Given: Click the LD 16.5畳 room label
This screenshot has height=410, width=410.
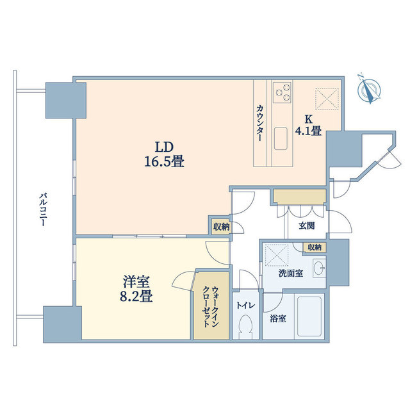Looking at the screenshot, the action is pyautogui.click(x=164, y=154).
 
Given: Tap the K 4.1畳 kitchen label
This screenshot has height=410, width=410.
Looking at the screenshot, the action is pyautogui.click(x=308, y=125).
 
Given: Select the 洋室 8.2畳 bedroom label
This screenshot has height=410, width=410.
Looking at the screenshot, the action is pyautogui.click(x=136, y=289).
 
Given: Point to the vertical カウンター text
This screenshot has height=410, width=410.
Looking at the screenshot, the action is pyautogui.click(x=259, y=123).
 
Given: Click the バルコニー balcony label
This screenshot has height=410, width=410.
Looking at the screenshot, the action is pyautogui.click(x=43, y=209).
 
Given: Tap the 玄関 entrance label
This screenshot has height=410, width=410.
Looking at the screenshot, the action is pyautogui.click(x=307, y=225).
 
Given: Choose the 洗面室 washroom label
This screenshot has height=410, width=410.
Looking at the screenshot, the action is pyautogui.click(x=291, y=274).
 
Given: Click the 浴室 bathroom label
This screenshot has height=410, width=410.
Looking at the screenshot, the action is pyautogui.click(x=277, y=318).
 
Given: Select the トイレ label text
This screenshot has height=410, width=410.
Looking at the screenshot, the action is pyautogui.click(x=245, y=305).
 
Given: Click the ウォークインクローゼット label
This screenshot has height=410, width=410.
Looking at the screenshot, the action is pyautogui.click(x=211, y=307).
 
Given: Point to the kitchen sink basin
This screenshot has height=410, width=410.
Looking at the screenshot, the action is pyautogui.click(x=281, y=138).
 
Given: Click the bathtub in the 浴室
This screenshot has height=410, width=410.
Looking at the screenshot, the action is pyautogui.click(x=309, y=316).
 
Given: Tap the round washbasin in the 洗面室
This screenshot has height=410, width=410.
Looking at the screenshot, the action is pyautogui.click(x=319, y=267).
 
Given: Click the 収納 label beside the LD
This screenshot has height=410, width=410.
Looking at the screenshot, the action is pyautogui.click(x=221, y=227).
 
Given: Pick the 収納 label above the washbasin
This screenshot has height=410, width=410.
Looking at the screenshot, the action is pyautogui.click(x=315, y=247).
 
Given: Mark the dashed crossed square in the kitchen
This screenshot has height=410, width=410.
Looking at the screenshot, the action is pyautogui.click(x=327, y=99).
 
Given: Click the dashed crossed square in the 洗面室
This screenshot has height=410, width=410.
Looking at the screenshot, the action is pyautogui.click(x=276, y=256).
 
